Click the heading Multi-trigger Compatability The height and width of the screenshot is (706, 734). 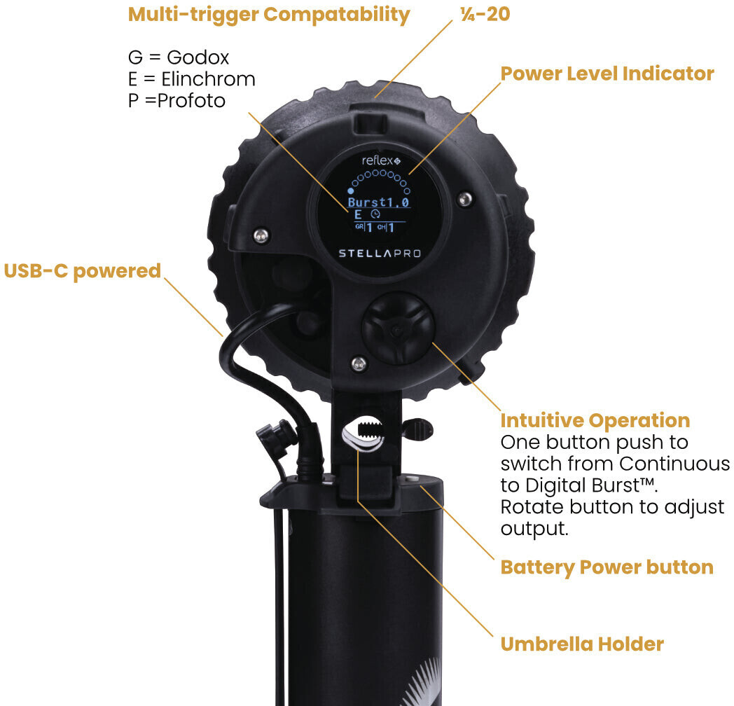pyautogui.click(x=268, y=14)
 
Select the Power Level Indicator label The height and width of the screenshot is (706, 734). pyautogui.click(x=607, y=74)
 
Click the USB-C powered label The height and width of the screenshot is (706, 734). pyautogui.click(x=83, y=271)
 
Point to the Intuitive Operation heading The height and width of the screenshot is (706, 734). pyautogui.click(x=595, y=420)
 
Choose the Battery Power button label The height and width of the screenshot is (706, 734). pyautogui.click(x=607, y=567)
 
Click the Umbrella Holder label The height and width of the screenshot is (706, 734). pyautogui.click(x=581, y=644)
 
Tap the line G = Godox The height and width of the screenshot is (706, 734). pyautogui.click(x=179, y=57)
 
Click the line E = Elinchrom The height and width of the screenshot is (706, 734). pyautogui.click(x=191, y=79)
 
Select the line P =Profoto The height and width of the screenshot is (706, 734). pyautogui.click(x=176, y=101)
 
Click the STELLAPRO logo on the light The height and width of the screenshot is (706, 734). pyautogui.click(x=380, y=253)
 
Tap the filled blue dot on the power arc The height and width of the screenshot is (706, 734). pyautogui.click(x=351, y=190)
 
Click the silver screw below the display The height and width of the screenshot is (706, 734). pyautogui.click(x=359, y=362)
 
